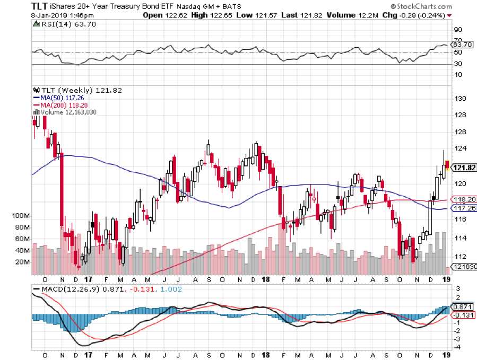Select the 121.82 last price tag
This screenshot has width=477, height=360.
(463, 168)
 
